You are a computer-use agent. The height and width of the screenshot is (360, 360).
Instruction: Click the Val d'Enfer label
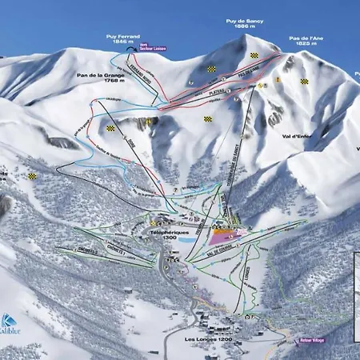(x=297, y=137)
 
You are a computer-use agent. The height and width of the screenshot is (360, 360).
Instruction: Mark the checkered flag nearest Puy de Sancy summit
(x=254, y=55)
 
